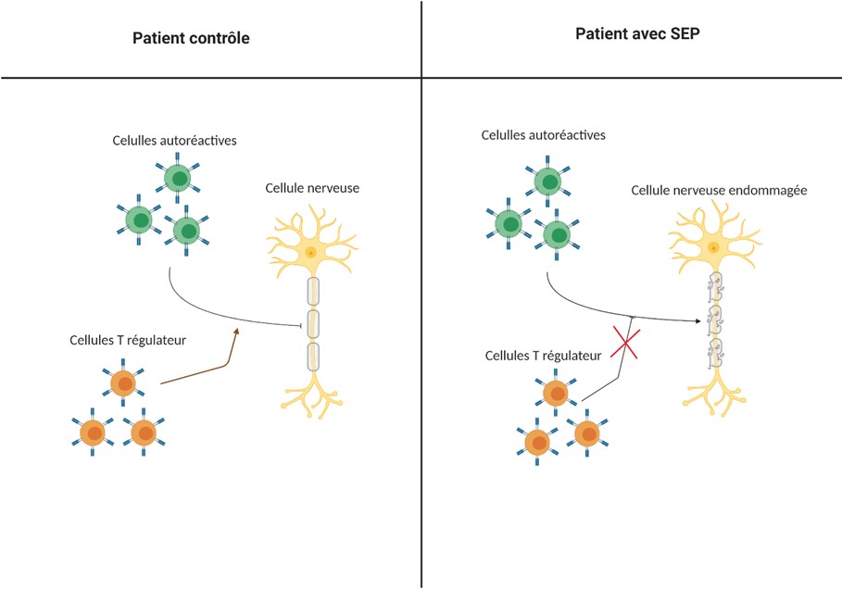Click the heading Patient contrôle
pos(191,38)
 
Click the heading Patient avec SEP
pos(637,34)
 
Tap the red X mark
pos(624,343)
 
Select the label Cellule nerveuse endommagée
pos(719,191)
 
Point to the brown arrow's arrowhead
pos(235,332)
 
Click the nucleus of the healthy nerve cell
pos(310,252)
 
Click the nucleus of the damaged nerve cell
pos(713,247)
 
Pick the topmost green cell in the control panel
pos(178,178)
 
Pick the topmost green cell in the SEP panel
pos(547,182)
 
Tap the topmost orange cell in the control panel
pos(123,383)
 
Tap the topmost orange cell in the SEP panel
pos(555,393)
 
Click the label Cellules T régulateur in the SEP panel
pos(543,356)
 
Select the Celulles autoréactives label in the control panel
pos(174,141)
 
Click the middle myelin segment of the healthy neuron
pos(313,324)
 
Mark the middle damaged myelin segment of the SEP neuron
pos(714,320)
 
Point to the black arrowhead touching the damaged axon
pos(697,321)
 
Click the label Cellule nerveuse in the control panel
pos(312,188)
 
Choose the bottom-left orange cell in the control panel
pos(93,432)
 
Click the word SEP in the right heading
pos(685,34)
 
